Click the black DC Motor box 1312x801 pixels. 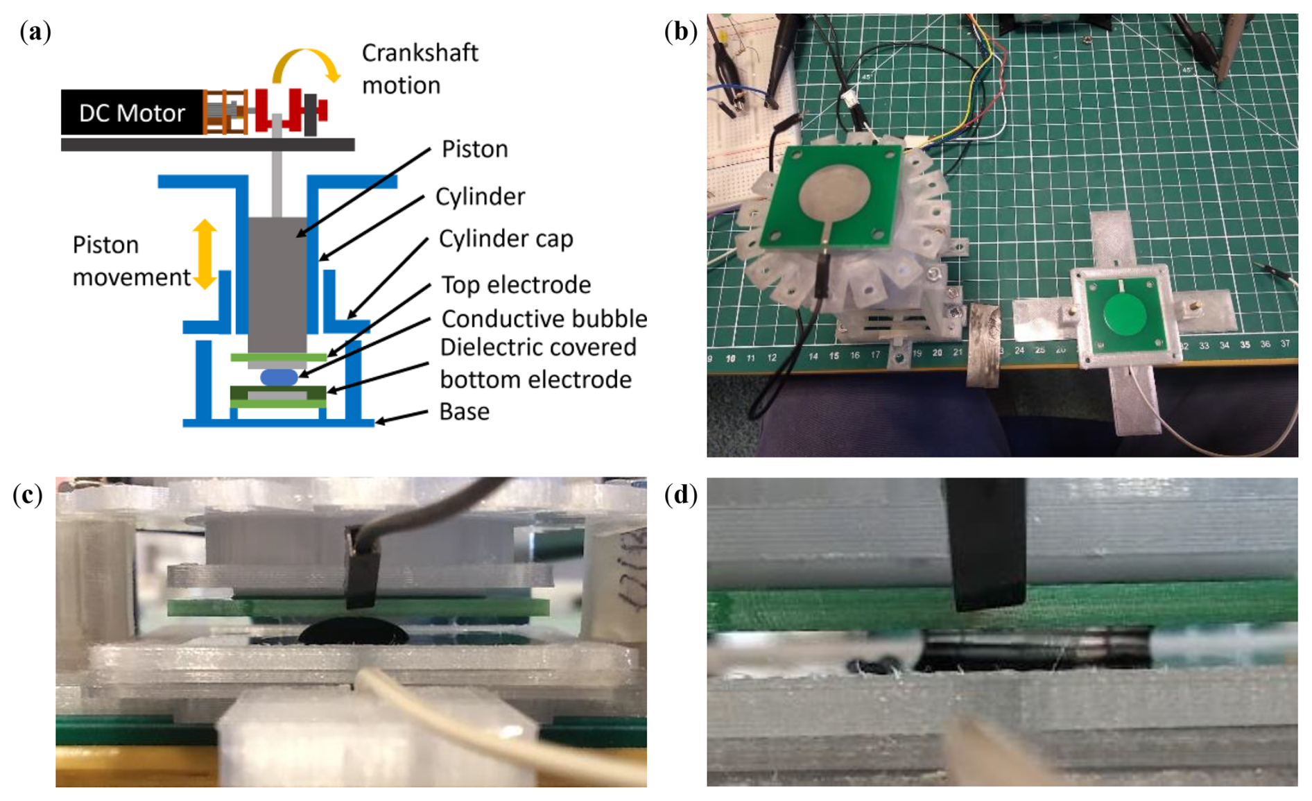132,112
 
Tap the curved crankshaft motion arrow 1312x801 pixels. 306,58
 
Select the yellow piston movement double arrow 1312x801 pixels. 205,254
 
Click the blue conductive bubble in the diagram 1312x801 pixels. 279,377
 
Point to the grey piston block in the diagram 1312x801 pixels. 277,284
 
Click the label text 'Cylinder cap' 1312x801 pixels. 506,239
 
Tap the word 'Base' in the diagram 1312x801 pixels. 464,411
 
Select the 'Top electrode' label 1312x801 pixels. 516,284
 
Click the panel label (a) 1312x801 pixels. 35,32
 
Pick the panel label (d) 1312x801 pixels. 680,494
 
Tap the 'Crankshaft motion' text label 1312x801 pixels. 420,69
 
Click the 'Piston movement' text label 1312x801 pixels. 130,261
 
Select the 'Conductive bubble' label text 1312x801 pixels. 544,318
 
